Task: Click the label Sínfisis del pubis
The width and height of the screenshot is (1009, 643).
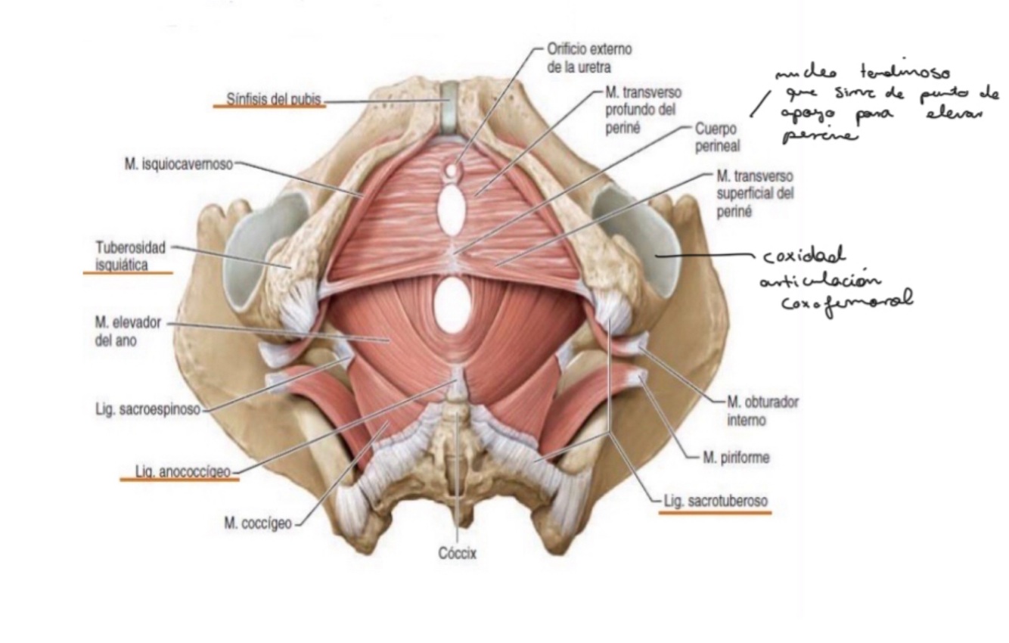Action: point(275,99)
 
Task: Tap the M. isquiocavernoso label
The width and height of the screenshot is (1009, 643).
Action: point(179,164)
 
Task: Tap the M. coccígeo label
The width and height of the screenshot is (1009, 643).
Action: point(257,523)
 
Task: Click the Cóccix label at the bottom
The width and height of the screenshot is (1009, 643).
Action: point(458,554)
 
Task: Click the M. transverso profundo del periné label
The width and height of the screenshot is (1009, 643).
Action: point(644,110)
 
